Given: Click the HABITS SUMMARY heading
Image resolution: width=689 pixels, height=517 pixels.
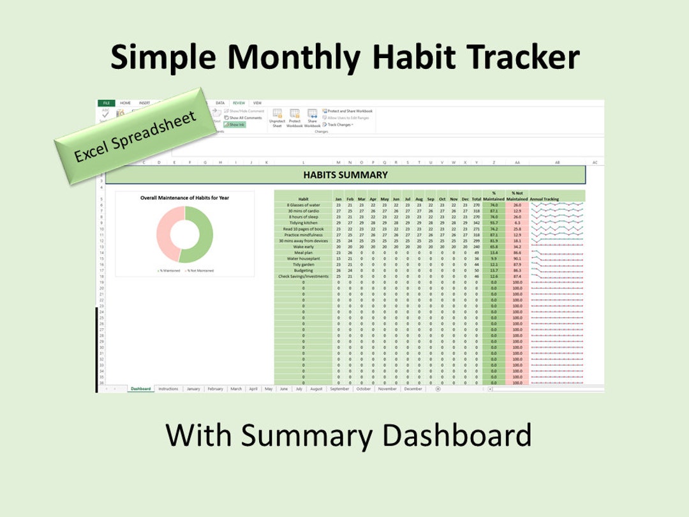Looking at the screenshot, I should [345, 175].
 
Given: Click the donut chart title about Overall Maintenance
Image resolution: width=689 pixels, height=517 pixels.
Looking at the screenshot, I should [185, 198].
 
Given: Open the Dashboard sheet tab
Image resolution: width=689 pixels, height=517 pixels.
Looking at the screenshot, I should [140, 389].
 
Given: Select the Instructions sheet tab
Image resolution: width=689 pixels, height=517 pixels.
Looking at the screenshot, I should [168, 389].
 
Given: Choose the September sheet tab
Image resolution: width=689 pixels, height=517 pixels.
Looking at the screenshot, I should [339, 389].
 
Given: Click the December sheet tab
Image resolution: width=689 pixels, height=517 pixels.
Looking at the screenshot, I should [413, 389].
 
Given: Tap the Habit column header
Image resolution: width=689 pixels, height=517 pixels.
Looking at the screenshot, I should [303, 199].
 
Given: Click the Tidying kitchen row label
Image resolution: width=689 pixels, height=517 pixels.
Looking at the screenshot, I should [303, 223].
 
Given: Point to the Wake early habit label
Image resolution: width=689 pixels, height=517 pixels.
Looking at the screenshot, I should [303, 246].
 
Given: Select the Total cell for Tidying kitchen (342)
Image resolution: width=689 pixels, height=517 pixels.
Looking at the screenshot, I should [476, 223].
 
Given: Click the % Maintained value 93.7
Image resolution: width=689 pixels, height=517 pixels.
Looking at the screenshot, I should [494, 223].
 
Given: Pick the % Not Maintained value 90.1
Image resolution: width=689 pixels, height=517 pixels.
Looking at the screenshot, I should [517, 258].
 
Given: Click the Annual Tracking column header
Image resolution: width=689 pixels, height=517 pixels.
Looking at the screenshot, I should [544, 199].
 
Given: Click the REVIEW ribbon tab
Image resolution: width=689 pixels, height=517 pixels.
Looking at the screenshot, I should [239, 103].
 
